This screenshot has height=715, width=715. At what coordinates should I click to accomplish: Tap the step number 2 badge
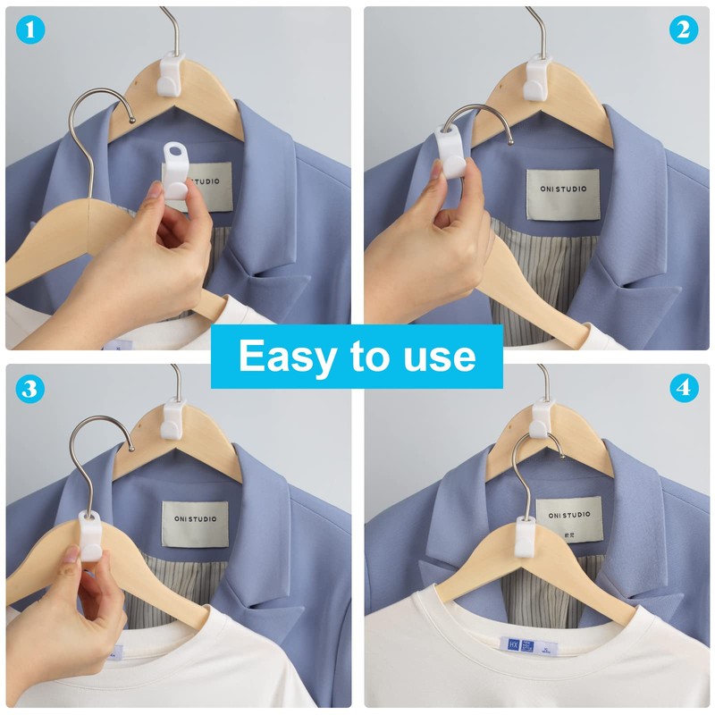point(684,30)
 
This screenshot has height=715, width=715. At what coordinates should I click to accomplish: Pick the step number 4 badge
point(684,389)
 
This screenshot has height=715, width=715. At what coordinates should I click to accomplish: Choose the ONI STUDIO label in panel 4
point(569,519)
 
